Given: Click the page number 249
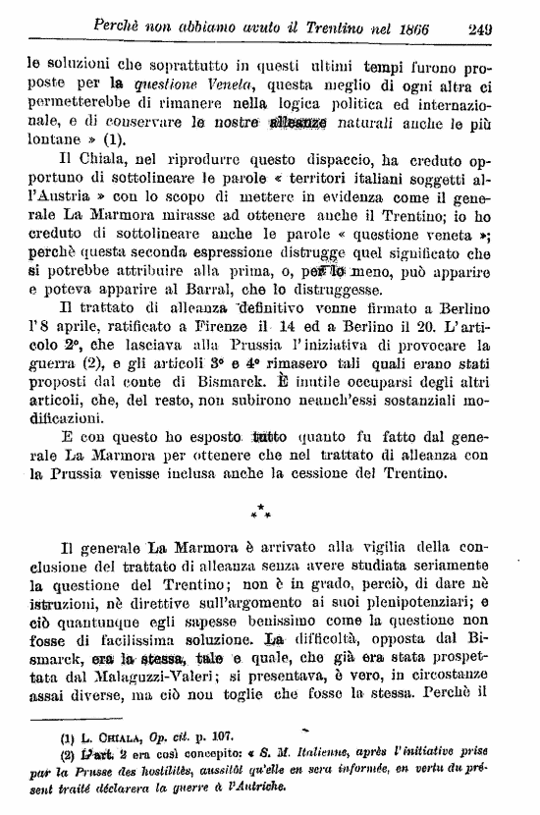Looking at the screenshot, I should point(507,27).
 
